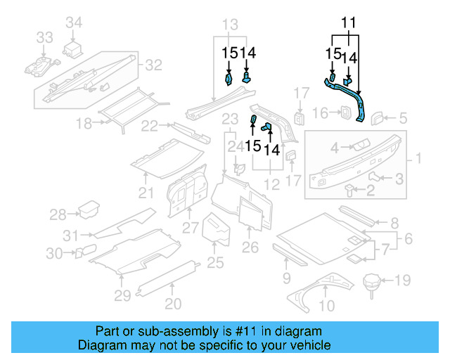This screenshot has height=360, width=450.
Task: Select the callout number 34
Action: point(74,24)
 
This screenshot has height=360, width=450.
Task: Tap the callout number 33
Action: point(44,37)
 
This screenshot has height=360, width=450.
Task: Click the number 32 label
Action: point(153,65)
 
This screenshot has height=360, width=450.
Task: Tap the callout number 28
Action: point(58,214)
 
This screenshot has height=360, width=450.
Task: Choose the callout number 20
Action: point(173,304)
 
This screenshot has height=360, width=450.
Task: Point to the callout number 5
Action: point(404,118)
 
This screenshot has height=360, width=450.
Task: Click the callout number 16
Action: point(320,112)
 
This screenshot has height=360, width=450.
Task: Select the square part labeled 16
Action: point(346,112)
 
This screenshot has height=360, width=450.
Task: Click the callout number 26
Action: point(250,247)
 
